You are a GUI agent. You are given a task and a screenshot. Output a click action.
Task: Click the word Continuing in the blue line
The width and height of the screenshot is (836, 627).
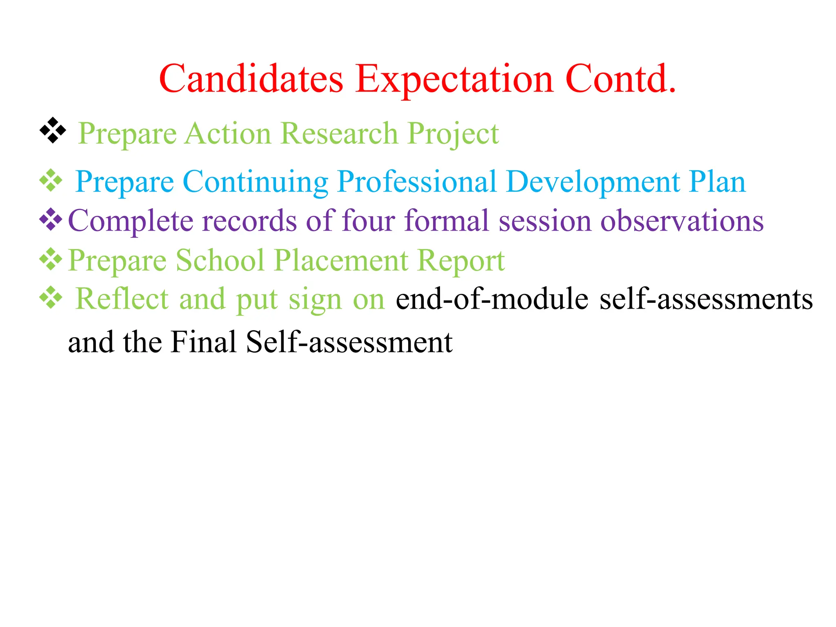[255, 182]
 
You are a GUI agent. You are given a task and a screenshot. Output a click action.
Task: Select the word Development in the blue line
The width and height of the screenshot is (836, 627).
[592, 182]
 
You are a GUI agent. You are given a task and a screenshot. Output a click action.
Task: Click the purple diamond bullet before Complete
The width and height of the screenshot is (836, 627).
[51, 220]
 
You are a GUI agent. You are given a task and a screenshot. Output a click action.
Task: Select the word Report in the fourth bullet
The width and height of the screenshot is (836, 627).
[461, 260]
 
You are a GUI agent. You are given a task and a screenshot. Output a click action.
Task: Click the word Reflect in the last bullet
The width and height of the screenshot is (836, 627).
[122, 299]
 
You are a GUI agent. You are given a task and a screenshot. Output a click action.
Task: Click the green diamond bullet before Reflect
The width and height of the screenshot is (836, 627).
[51, 298]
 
